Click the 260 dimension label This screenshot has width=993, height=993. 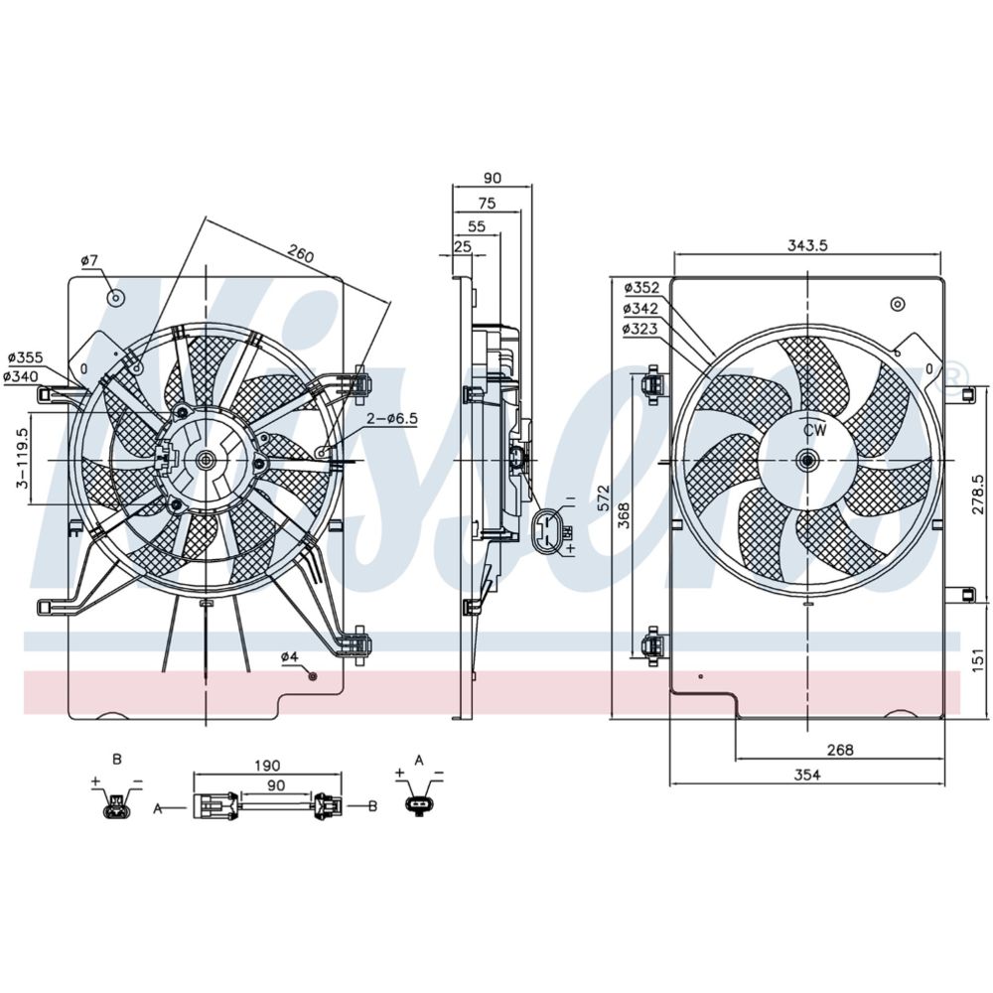coord(300,255)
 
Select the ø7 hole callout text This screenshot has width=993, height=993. coord(89,260)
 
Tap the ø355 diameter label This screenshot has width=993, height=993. coord(23,356)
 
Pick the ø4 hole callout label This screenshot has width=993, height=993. coord(289,656)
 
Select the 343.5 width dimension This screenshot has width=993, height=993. coord(806,245)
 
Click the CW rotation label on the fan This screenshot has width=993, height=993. coord(814,430)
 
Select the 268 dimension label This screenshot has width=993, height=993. coord(839,750)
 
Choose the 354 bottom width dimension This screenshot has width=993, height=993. coord(806,776)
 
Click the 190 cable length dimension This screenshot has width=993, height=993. coord(266,765)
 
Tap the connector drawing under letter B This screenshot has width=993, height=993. coord(116,805)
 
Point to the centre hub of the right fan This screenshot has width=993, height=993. coord(807,460)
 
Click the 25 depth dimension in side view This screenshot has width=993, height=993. coord(462,245)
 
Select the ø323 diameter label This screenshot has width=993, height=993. coord(640,327)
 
